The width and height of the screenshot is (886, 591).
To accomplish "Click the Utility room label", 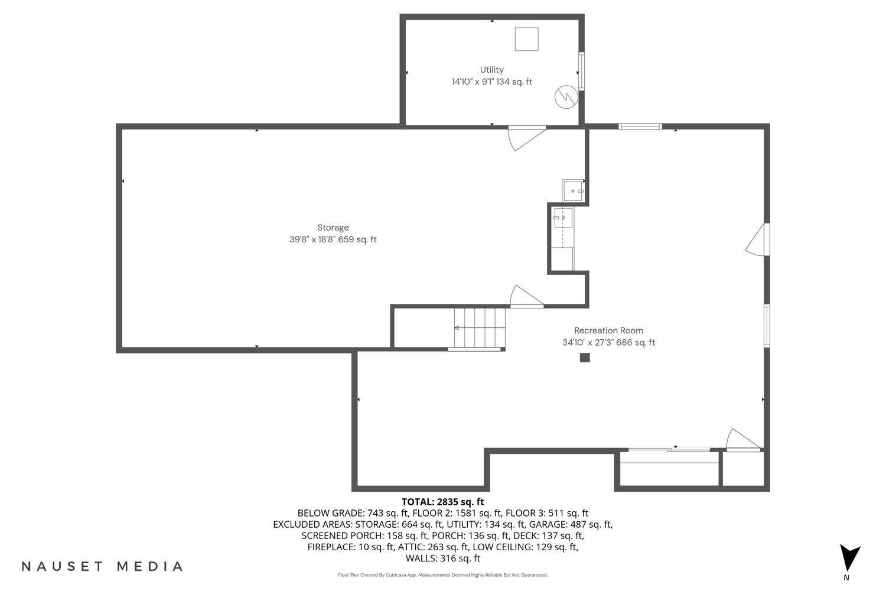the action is click(x=491, y=70).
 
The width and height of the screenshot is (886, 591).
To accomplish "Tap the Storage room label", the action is click(x=333, y=228).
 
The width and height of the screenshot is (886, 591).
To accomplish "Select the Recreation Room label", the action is click(x=609, y=330).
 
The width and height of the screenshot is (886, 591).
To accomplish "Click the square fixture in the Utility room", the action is click(x=526, y=39).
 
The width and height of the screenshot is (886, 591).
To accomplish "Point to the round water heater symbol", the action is click(x=566, y=97).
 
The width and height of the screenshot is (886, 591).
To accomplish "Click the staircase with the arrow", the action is click(x=480, y=328).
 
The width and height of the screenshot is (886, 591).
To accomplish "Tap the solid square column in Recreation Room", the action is click(x=585, y=358).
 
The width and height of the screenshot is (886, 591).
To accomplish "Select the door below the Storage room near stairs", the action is click(x=527, y=296).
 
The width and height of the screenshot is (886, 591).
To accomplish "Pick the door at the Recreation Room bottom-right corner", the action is click(x=744, y=440).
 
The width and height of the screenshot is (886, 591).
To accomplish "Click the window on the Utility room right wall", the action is click(x=581, y=72).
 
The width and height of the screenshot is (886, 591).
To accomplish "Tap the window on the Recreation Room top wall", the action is click(x=640, y=126).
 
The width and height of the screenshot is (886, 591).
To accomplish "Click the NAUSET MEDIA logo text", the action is click(x=102, y=566).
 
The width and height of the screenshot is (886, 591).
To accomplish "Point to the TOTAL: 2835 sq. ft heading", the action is click(x=442, y=502).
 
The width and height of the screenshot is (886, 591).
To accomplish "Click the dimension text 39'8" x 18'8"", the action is click(x=312, y=239).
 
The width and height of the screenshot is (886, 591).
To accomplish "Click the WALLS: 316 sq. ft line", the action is click(x=442, y=558).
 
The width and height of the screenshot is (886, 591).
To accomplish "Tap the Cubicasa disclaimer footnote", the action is click(x=442, y=575).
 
